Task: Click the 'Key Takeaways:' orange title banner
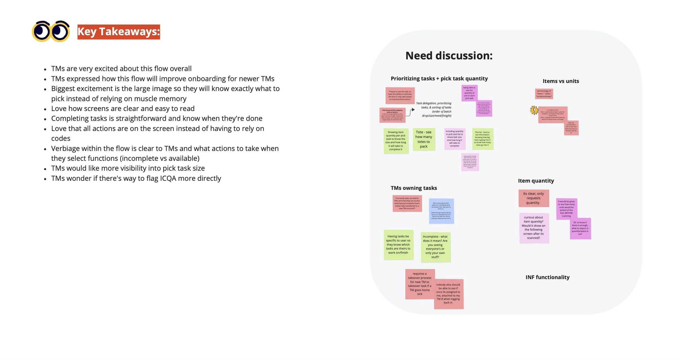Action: (x=119, y=32)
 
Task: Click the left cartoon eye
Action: (x=41, y=31)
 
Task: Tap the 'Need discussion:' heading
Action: (x=449, y=56)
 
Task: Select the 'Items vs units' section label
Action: (x=561, y=81)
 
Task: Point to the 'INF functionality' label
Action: (x=547, y=277)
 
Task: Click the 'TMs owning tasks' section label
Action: (x=414, y=188)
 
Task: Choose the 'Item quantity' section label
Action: (x=536, y=181)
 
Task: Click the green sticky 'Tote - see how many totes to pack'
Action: (x=424, y=139)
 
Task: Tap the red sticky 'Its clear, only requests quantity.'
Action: (x=533, y=198)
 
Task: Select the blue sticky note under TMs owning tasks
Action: (x=441, y=211)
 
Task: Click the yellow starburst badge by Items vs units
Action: (x=534, y=110)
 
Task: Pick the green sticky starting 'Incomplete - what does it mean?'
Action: (x=435, y=247)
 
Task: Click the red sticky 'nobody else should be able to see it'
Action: (x=448, y=293)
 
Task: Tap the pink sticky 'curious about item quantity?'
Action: (x=534, y=228)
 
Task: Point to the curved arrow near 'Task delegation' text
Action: (x=411, y=112)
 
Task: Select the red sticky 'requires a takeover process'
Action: (x=420, y=284)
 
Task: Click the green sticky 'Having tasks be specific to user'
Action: (x=398, y=245)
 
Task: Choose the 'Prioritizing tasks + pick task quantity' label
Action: (x=439, y=79)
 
